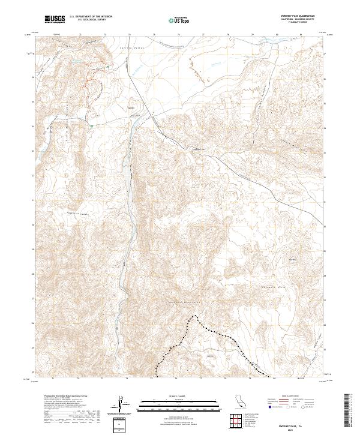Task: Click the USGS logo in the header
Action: [x=55, y=20]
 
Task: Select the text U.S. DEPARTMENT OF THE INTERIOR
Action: [x=91, y=17]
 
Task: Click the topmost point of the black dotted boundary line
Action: [x=194, y=315]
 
